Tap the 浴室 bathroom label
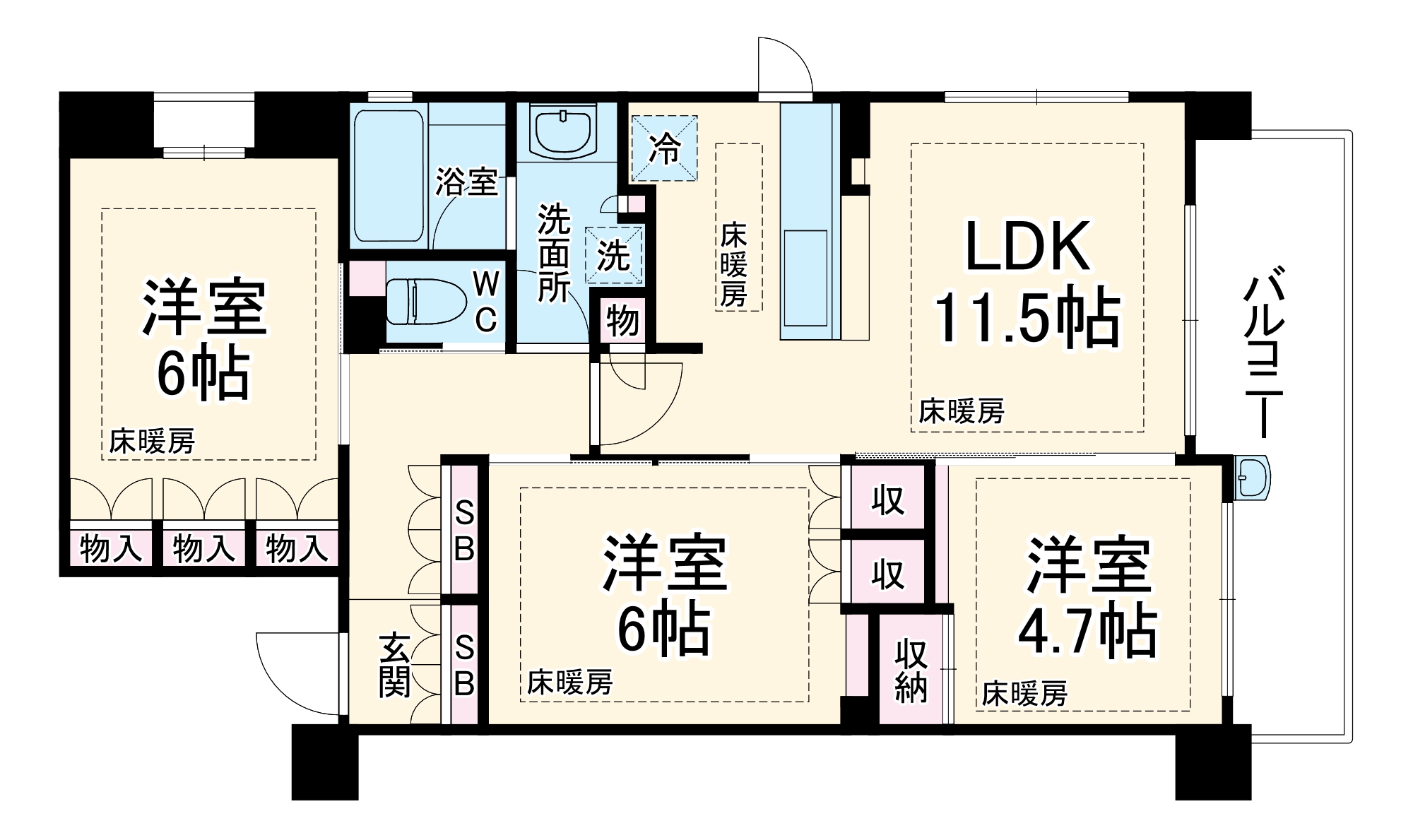[466, 182]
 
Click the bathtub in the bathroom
[388, 175]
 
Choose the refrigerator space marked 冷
[664, 148]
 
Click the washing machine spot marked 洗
[613, 255]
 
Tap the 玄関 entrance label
[394, 665]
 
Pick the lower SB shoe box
[464, 664]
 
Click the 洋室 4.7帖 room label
[1088, 597]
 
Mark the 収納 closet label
[911, 670]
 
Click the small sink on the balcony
[1253, 478]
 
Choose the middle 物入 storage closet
[203, 548]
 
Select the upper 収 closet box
[887, 500]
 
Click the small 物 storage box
[622, 321]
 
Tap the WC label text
[486, 302]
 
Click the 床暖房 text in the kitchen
[733, 265]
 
